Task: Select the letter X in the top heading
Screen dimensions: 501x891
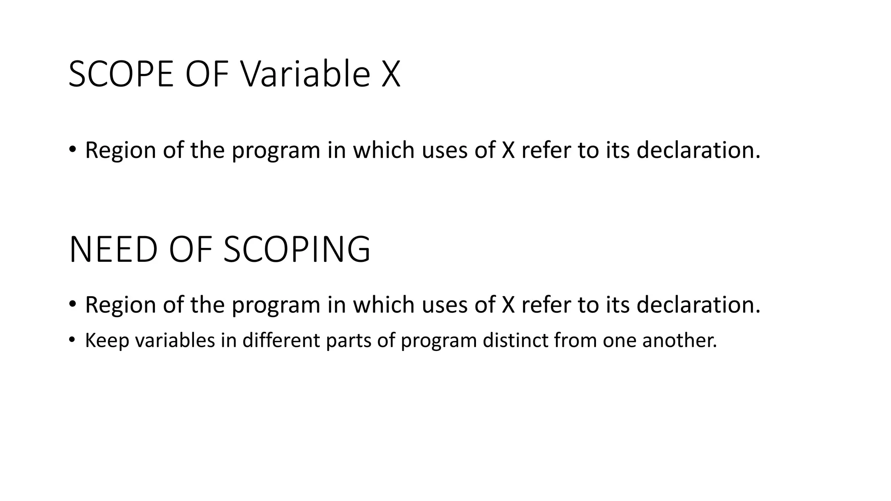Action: tap(390, 74)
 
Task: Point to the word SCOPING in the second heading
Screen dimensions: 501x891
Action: tap(297, 250)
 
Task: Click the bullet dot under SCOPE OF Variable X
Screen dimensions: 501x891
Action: tap(72, 149)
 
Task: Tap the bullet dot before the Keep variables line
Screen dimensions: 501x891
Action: tap(72, 340)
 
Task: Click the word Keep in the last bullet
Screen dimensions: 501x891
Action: tap(107, 340)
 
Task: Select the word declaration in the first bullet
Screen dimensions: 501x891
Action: tap(698, 150)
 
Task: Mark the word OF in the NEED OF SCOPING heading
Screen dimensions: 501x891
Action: tap(190, 250)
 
